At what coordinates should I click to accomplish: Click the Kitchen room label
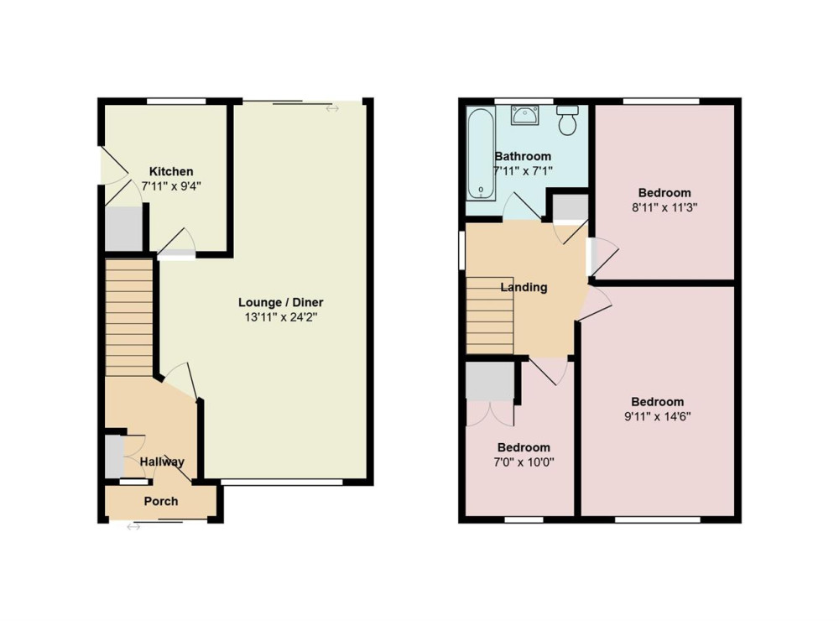[x=171, y=171]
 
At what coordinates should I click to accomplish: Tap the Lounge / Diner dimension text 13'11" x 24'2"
[x=281, y=317]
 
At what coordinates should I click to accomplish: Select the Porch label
[x=161, y=501]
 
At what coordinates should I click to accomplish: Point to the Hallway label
[x=162, y=462]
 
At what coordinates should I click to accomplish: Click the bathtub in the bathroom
[x=480, y=154]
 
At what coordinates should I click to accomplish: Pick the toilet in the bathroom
[x=567, y=120]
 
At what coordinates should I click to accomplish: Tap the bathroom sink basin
[x=525, y=115]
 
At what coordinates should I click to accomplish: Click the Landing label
[x=524, y=288]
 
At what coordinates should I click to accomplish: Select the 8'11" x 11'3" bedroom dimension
[x=664, y=208]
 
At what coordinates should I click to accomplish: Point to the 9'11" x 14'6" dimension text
[x=658, y=416]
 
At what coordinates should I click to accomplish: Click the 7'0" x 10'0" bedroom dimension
[x=524, y=462]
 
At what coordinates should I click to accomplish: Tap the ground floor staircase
[x=129, y=317]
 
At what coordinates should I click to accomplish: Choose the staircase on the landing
[x=490, y=316]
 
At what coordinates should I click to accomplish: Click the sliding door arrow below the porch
[x=133, y=527]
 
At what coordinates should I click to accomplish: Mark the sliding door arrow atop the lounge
[x=332, y=109]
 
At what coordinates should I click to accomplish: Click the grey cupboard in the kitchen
[x=123, y=228]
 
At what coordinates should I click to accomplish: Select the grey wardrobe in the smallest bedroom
[x=490, y=381]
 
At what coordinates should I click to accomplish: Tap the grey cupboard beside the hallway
[x=114, y=457]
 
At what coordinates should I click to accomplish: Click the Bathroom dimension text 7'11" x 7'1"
[x=523, y=171]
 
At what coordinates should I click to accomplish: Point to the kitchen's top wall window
[x=176, y=102]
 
